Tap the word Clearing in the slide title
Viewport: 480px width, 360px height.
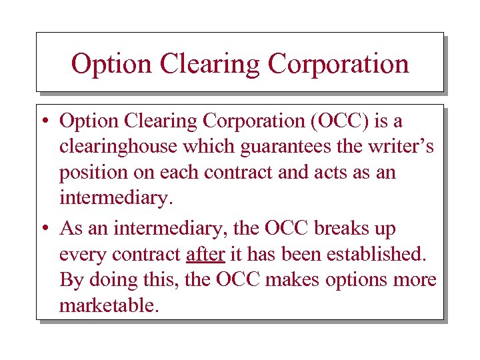[212, 64]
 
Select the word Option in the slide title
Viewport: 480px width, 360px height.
[111, 64]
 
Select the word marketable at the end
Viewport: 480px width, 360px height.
[109, 306]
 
